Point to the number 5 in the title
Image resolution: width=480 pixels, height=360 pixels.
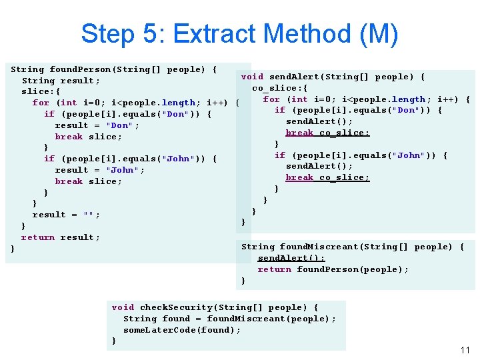click(x=151, y=34)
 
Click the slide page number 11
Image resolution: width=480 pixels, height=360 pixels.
click(x=465, y=350)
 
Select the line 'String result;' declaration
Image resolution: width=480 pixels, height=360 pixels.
click(x=61, y=81)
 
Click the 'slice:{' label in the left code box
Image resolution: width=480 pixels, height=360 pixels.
click(x=41, y=91)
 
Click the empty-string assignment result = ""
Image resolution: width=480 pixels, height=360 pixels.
click(x=66, y=215)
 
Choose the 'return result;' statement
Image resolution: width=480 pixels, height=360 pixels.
click(x=60, y=237)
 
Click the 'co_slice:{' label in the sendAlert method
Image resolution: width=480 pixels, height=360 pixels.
click(x=279, y=88)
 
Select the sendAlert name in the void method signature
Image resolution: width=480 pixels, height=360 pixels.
click(x=293, y=77)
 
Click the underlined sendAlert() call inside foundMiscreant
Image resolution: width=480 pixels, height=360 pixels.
click(x=291, y=258)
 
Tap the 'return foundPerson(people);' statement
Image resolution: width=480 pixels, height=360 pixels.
click(x=333, y=269)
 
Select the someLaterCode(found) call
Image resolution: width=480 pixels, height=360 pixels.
click(x=181, y=330)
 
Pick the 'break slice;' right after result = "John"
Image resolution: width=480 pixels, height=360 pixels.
click(x=88, y=181)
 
